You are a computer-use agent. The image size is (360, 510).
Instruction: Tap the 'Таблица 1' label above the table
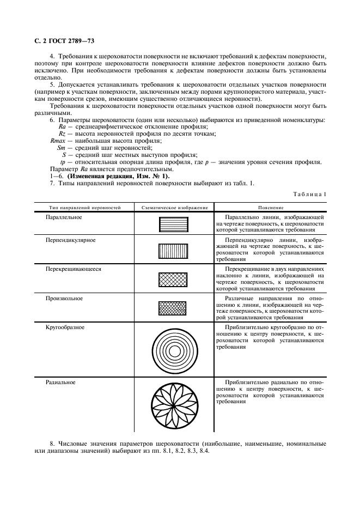click(310, 195)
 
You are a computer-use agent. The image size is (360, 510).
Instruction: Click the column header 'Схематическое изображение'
click(174, 208)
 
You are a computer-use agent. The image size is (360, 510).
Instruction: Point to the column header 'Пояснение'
click(271, 208)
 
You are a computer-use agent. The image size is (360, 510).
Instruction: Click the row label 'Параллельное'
click(64, 217)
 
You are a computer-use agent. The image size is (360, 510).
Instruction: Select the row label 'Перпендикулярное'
click(71, 240)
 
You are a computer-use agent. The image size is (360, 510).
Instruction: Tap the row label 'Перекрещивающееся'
click(74, 269)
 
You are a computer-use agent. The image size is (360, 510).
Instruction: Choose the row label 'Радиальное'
click(60, 382)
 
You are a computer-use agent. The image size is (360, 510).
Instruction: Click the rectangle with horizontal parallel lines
click(173, 225)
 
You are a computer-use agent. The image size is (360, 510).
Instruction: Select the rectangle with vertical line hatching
click(173, 251)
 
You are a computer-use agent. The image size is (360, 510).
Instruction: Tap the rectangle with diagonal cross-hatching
click(173, 280)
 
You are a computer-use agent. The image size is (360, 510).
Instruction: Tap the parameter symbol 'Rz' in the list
click(62, 133)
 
